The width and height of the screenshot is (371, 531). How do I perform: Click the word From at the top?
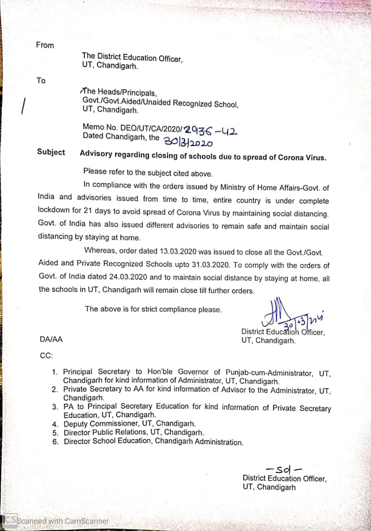tap(45, 45)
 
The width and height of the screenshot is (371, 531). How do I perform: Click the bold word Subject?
tap(51, 152)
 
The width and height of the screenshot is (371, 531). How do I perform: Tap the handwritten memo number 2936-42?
tap(211, 131)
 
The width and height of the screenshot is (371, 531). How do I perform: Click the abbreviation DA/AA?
tap(51, 339)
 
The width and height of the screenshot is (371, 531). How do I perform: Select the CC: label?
tap(46, 356)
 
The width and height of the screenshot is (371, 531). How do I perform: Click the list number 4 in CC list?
tap(54, 424)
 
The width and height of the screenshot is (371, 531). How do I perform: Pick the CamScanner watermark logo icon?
tap(9, 520)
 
